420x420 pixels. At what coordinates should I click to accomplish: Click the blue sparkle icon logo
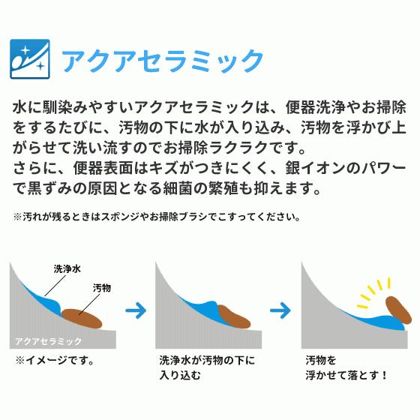pos(30,58)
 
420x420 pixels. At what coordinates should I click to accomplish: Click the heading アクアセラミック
pos(162,59)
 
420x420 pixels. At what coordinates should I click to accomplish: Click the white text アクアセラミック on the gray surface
pos(49,340)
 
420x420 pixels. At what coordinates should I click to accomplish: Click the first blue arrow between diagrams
pos(135,309)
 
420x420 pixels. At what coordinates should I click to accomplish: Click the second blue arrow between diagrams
pos(280,309)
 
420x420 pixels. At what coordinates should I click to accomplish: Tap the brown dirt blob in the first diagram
pos(80,319)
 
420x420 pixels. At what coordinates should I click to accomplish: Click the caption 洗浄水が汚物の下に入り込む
pos(206,367)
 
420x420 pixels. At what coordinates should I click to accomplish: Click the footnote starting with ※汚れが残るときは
pos(157,217)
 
